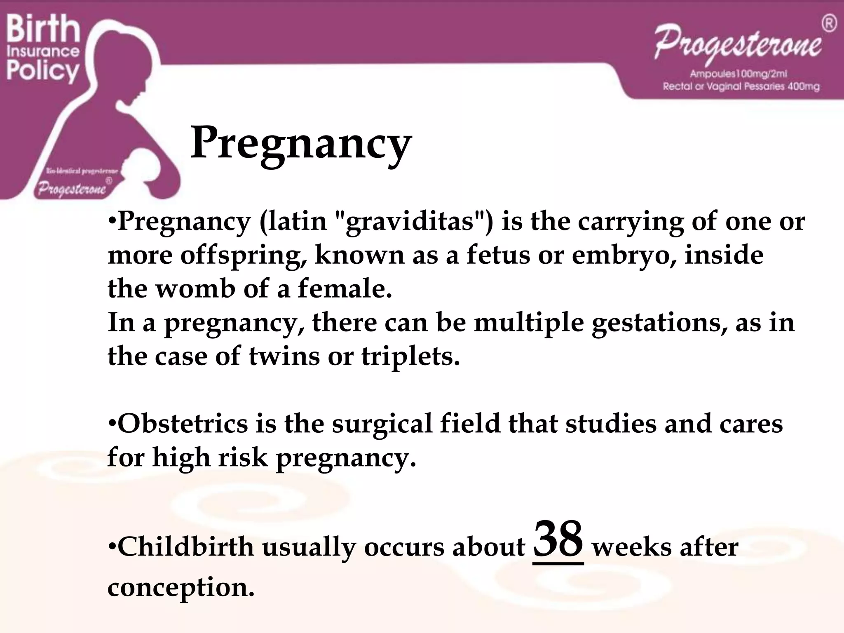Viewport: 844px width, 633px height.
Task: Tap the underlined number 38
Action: click(558, 540)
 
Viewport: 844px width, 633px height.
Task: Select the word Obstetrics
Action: click(183, 424)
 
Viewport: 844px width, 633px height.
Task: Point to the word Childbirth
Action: click(186, 547)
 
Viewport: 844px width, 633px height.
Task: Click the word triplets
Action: click(410, 356)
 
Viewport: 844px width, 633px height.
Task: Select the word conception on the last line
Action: click(181, 587)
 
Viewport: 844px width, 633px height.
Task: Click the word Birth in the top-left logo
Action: click(43, 29)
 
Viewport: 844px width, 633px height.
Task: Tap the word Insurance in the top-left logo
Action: click(43, 52)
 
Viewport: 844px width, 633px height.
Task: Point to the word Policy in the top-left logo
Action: click(43, 71)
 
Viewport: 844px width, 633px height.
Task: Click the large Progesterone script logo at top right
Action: click(738, 45)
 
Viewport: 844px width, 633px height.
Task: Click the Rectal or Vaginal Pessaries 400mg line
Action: click(741, 87)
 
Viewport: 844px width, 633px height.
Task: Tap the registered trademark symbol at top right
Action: click(829, 23)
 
